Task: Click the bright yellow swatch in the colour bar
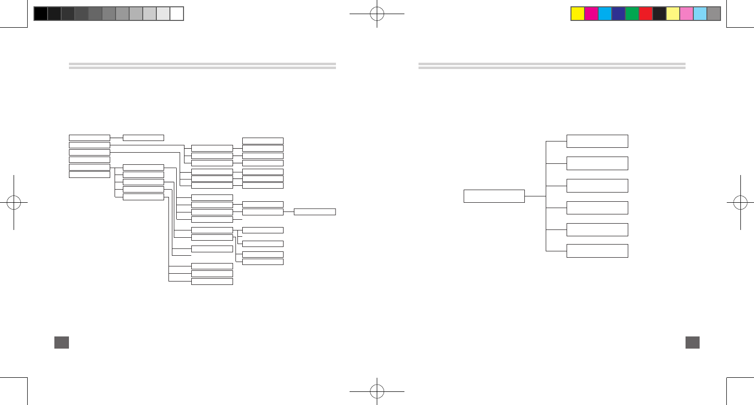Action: pyautogui.click(x=578, y=14)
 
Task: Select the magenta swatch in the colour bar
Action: pyautogui.click(x=591, y=14)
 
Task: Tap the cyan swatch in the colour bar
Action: pyautogui.click(x=605, y=14)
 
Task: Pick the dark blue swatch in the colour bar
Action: pyautogui.click(x=619, y=14)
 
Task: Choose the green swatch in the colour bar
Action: pyautogui.click(x=632, y=14)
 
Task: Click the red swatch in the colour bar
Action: pyautogui.click(x=646, y=14)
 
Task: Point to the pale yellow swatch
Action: pyautogui.click(x=673, y=14)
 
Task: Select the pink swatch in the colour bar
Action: pyautogui.click(x=687, y=14)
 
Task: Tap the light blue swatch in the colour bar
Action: pyautogui.click(x=700, y=14)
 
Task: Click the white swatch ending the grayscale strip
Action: pyautogui.click(x=177, y=14)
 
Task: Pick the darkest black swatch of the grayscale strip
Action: pyautogui.click(x=41, y=14)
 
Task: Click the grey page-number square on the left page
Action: pyautogui.click(x=62, y=342)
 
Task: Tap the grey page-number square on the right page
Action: pyautogui.click(x=692, y=342)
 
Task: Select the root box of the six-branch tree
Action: pyautogui.click(x=494, y=196)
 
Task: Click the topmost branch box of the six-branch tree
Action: pyautogui.click(x=597, y=141)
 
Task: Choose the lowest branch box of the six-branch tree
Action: pyautogui.click(x=597, y=251)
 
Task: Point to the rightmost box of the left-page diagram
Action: pyautogui.click(x=315, y=211)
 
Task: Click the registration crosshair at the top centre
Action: pyautogui.click(x=377, y=14)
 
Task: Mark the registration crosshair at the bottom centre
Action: pyautogui.click(x=377, y=391)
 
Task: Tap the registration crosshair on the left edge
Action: pyautogui.click(x=14, y=202)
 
